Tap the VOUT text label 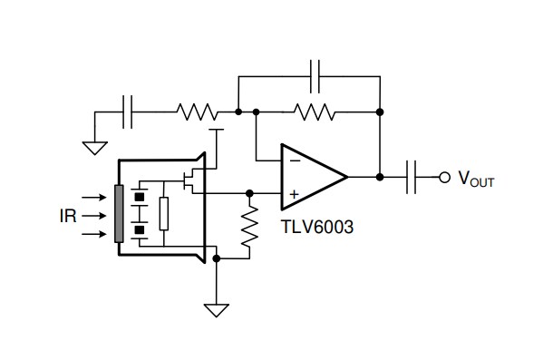[475, 179]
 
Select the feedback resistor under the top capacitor [315, 112]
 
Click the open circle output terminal [443, 177]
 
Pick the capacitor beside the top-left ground [129, 112]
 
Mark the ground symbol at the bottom [216, 310]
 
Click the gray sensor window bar [118, 214]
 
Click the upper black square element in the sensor [140, 195]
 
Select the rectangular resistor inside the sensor [163, 214]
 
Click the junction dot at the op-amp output [380, 177]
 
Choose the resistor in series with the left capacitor [197, 112]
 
